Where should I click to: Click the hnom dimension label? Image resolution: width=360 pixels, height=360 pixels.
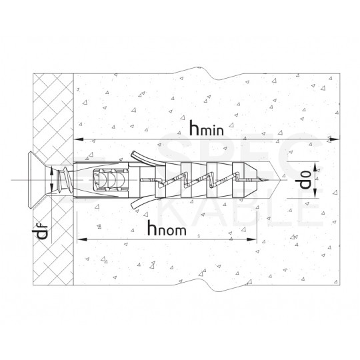[162, 228]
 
